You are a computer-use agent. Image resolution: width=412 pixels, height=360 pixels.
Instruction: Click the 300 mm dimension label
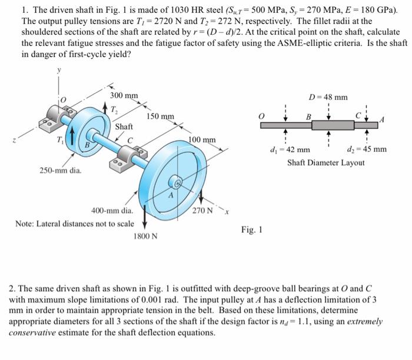point(124,96)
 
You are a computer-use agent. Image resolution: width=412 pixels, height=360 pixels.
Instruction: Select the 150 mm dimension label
point(160,116)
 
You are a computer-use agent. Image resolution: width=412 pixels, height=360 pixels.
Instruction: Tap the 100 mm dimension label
point(202,140)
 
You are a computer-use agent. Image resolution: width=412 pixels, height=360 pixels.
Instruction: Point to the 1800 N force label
point(145,236)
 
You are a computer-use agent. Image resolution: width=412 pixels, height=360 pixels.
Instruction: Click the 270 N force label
point(202,210)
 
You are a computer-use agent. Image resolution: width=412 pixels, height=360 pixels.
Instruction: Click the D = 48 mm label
point(328,97)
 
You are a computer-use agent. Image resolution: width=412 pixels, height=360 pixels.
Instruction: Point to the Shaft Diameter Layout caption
point(325,162)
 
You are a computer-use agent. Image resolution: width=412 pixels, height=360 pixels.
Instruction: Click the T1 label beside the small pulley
point(61,139)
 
